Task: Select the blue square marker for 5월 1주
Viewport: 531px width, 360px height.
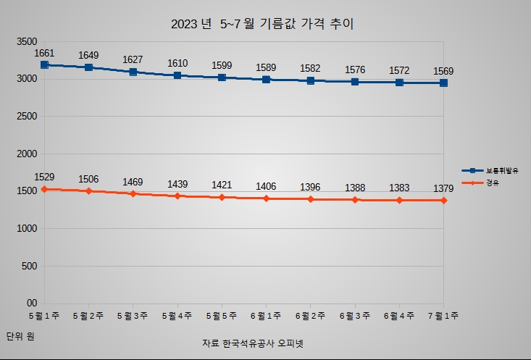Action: pyautogui.click(x=45, y=65)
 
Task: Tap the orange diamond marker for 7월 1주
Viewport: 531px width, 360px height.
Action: pyautogui.click(x=443, y=200)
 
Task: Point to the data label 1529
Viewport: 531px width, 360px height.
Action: pyautogui.click(x=45, y=177)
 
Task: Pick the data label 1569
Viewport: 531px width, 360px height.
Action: pyautogui.click(x=443, y=71)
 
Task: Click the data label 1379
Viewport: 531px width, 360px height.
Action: pyautogui.click(x=443, y=189)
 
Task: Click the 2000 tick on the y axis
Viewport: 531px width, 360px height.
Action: pyautogui.click(x=26, y=154)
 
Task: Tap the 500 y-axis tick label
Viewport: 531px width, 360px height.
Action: pyautogui.click(x=29, y=266)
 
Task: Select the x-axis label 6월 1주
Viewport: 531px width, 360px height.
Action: pyautogui.click(x=267, y=316)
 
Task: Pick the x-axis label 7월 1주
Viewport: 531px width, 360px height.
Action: pyautogui.click(x=443, y=316)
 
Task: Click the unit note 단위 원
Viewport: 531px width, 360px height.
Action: pyautogui.click(x=20, y=336)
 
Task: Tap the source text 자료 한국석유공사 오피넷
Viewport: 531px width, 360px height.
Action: pyautogui.click(x=253, y=343)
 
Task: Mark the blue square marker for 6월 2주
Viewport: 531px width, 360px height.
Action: pyautogui.click(x=311, y=80)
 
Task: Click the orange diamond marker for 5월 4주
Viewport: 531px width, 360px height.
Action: pyautogui.click(x=177, y=196)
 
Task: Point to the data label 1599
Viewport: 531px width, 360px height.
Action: pyautogui.click(x=222, y=65)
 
